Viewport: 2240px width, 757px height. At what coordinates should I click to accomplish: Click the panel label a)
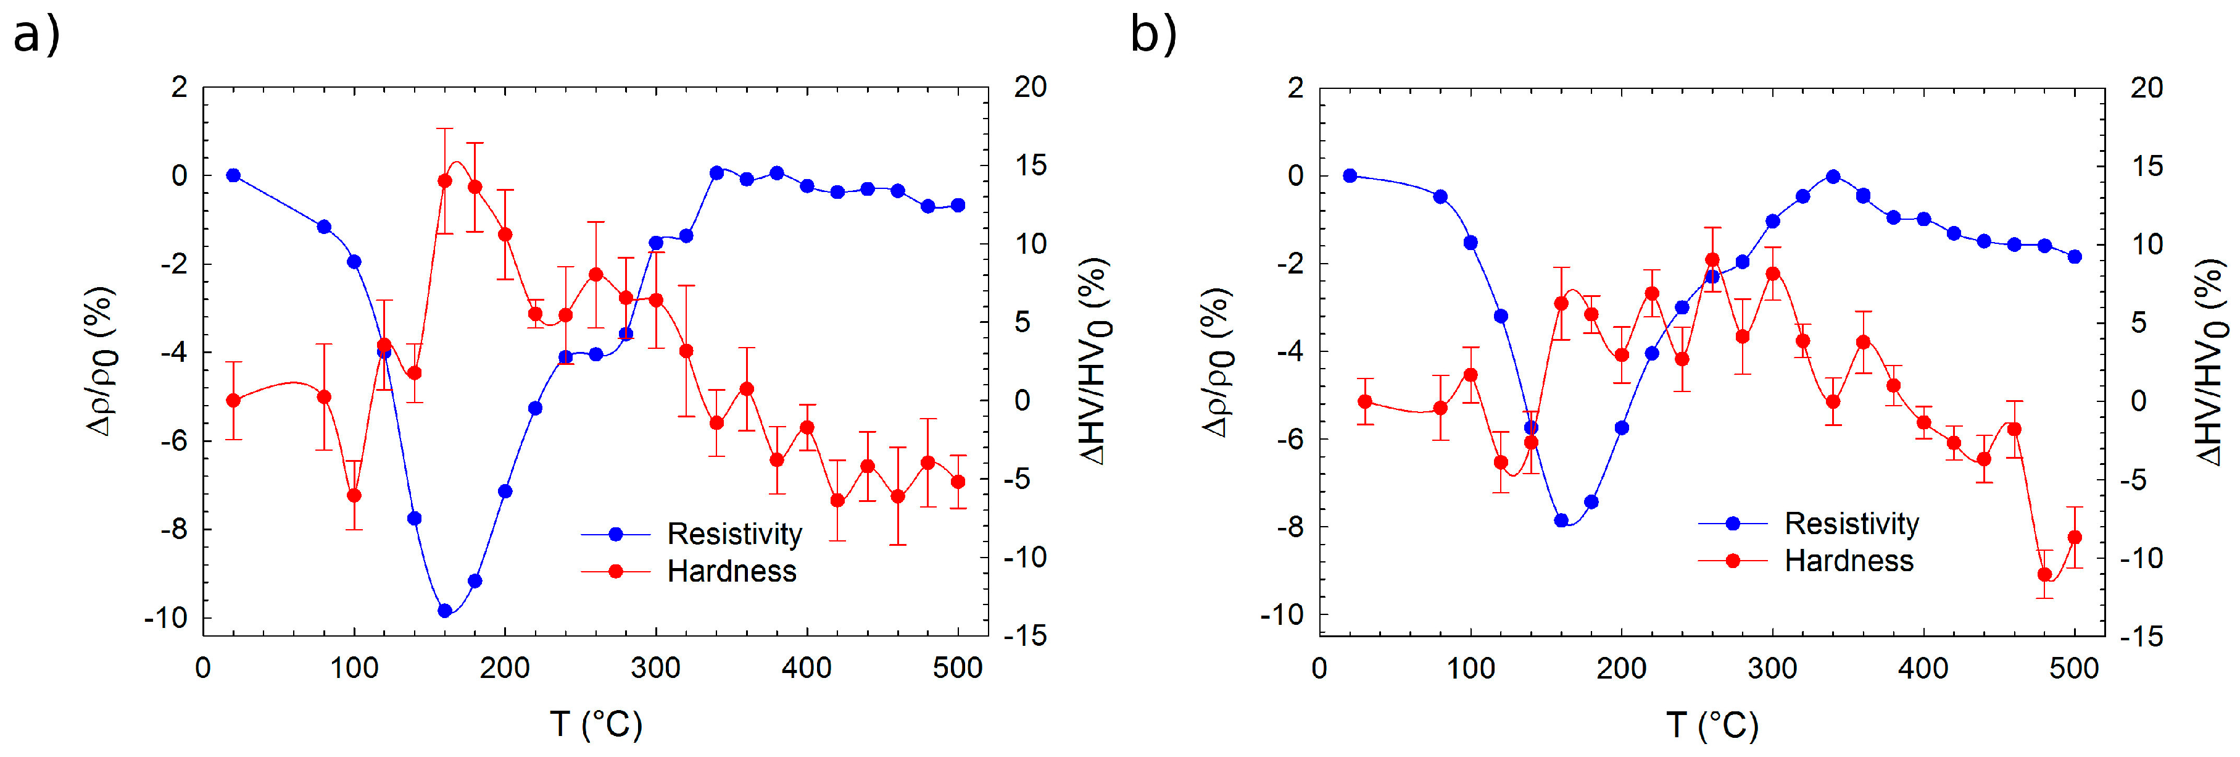(x=36, y=36)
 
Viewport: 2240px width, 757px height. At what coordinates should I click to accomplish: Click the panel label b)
(x=1153, y=36)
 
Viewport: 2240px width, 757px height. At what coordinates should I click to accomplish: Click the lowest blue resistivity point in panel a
(x=445, y=611)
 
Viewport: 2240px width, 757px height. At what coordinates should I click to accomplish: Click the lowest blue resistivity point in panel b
(x=1561, y=521)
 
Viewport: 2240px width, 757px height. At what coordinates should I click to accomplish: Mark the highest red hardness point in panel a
(x=445, y=181)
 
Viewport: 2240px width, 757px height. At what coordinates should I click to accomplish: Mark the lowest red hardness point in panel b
(x=2044, y=574)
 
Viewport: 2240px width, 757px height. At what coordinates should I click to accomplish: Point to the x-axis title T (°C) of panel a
(x=597, y=724)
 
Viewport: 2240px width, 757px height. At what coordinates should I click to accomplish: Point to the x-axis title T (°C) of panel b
(x=1712, y=724)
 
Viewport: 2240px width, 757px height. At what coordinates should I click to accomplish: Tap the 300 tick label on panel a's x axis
(x=656, y=668)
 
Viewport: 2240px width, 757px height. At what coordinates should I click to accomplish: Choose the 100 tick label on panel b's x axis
(x=1471, y=668)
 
